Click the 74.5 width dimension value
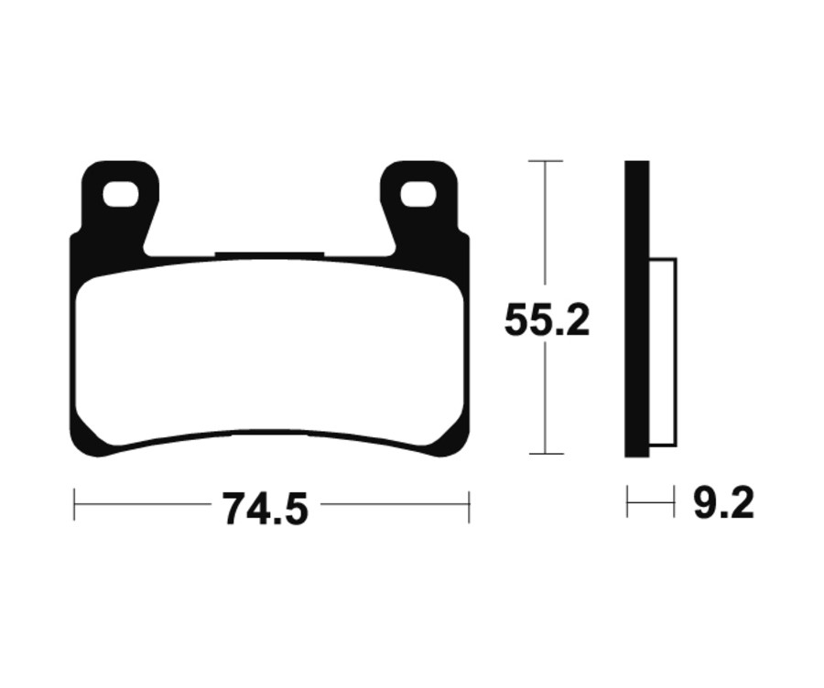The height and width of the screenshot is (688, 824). coord(265,508)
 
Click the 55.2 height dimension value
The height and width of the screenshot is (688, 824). coord(547,322)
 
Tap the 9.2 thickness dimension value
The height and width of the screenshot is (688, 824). coord(723,504)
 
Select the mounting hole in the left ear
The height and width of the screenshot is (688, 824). coord(120,193)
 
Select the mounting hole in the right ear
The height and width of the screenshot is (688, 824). coord(418,193)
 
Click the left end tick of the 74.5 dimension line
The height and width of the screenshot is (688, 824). coord(75,504)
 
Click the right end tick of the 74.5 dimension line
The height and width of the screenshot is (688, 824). coord(469,504)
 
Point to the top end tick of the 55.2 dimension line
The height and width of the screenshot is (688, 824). coord(546,161)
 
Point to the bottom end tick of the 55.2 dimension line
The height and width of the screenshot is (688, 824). coord(546,454)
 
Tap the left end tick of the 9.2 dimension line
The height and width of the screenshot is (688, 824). coord(627,502)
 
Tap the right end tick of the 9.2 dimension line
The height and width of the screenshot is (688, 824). coord(675,502)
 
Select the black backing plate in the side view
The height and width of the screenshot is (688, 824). coord(637,311)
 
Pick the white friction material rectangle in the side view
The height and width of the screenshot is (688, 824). coord(663,352)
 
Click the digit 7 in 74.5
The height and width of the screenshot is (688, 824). coord(233,509)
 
